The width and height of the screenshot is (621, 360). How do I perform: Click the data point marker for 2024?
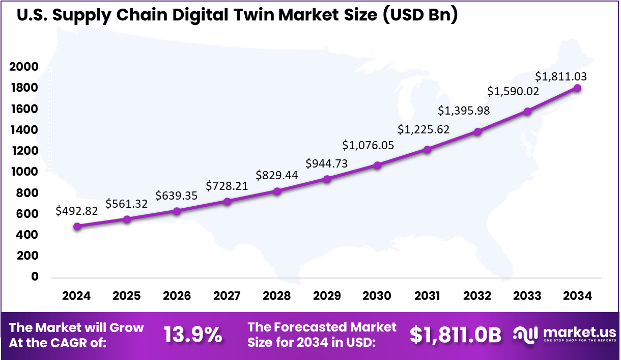[77, 227]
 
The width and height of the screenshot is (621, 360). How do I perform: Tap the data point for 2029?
[327, 179]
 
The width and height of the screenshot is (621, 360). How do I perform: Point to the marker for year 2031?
[428, 150]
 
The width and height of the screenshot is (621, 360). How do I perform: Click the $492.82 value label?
[76, 210]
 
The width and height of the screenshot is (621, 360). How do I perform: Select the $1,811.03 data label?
[561, 77]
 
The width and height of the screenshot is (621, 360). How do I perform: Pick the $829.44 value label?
[277, 175]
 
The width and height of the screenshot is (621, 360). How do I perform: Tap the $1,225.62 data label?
[424, 129]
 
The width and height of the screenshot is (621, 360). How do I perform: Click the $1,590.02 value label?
[513, 92]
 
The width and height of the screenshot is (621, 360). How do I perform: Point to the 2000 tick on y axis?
[23, 67]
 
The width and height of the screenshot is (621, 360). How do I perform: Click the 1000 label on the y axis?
[23, 172]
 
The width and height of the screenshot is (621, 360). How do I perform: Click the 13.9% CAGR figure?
[193, 335]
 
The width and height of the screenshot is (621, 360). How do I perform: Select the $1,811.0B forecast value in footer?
[455, 335]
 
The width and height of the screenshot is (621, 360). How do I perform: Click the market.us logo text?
[579, 332]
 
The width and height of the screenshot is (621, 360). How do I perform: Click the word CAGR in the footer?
[85, 343]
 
